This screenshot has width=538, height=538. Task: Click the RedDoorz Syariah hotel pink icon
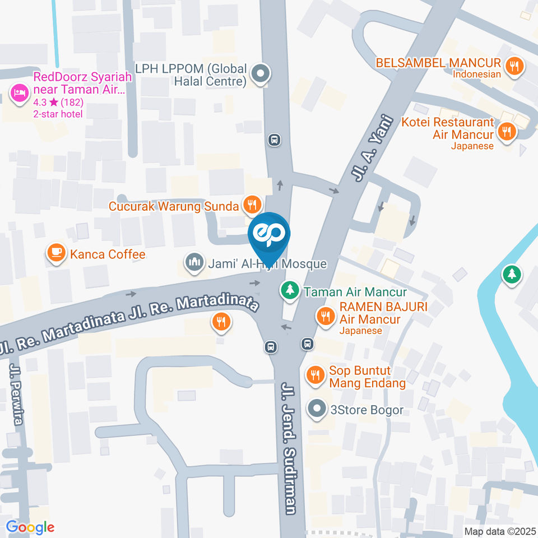tap(19, 92)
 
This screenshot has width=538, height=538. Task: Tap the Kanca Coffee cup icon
tap(55, 253)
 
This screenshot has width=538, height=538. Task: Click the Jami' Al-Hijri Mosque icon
tap(194, 262)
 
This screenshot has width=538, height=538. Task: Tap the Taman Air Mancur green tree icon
tap(289, 291)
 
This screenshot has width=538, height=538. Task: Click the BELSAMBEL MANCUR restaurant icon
tap(513, 67)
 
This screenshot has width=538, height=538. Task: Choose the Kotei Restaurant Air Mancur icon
tap(507, 132)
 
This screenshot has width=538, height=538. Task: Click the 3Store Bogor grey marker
tap(317, 409)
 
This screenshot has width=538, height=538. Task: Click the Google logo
tap(30, 527)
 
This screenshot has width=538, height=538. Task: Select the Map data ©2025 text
tap(499, 531)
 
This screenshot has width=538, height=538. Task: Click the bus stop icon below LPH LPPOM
tap(274, 139)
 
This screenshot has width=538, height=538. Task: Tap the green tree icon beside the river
tap(511, 275)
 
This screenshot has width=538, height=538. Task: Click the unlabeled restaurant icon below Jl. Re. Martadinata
tap(221, 321)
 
